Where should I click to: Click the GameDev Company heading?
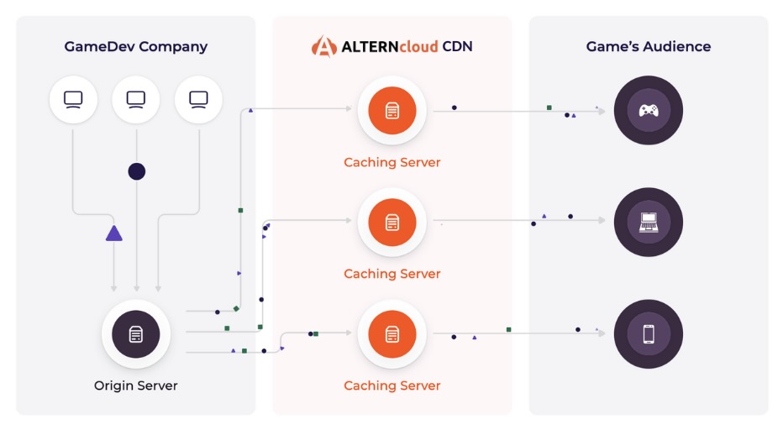pyautogui.click(x=135, y=47)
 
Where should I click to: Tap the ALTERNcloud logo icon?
pyautogui.click(x=323, y=46)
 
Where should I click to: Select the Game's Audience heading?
pyautogui.click(x=648, y=47)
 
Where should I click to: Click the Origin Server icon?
pyautogui.click(x=136, y=334)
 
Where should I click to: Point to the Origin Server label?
pyautogui.click(x=136, y=386)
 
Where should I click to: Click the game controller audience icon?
pyautogui.click(x=648, y=110)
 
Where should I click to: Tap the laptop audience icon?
pyautogui.click(x=648, y=222)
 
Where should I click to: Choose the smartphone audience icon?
pyautogui.click(x=648, y=334)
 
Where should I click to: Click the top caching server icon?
pyautogui.click(x=391, y=110)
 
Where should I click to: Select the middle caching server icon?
pyautogui.click(x=391, y=222)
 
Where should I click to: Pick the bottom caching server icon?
pyautogui.click(x=391, y=334)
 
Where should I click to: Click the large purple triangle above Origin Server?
pyautogui.click(x=114, y=233)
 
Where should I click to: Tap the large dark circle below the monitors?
pyautogui.click(x=136, y=171)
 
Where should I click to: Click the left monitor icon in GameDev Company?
pyautogui.click(x=73, y=99)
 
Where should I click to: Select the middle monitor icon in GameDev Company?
pyautogui.click(x=136, y=99)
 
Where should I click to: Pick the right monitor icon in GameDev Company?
pyautogui.click(x=198, y=99)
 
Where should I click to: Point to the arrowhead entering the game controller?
pyautogui.click(x=602, y=110)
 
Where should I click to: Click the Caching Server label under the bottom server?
pyautogui.click(x=391, y=386)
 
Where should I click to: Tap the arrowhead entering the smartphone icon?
pyautogui.click(x=602, y=333)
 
